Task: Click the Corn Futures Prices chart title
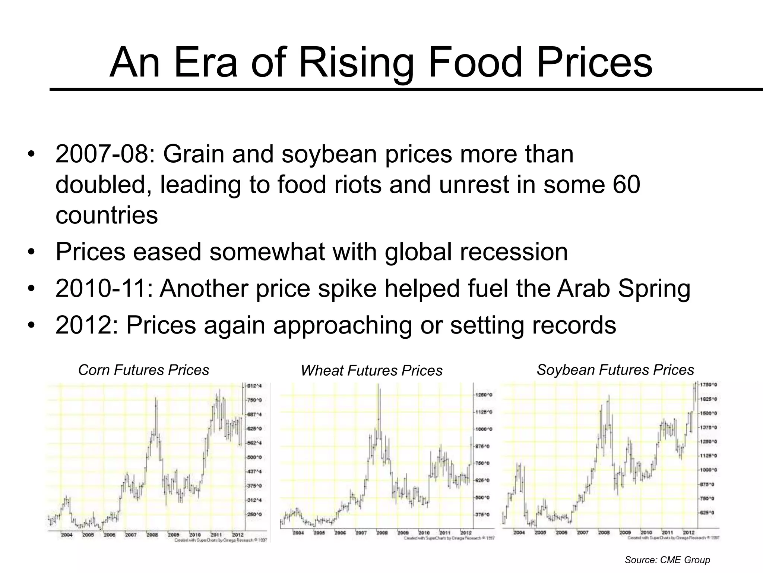coord(143,370)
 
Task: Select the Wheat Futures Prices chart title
coord(371,370)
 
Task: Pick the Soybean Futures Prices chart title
coord(615,370)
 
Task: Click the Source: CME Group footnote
coord(667,560)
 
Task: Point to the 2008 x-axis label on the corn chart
coord(152,535)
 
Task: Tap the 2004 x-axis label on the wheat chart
coord(298,533)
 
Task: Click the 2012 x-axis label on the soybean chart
coord(688,532)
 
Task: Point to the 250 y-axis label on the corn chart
coord(255,514)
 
